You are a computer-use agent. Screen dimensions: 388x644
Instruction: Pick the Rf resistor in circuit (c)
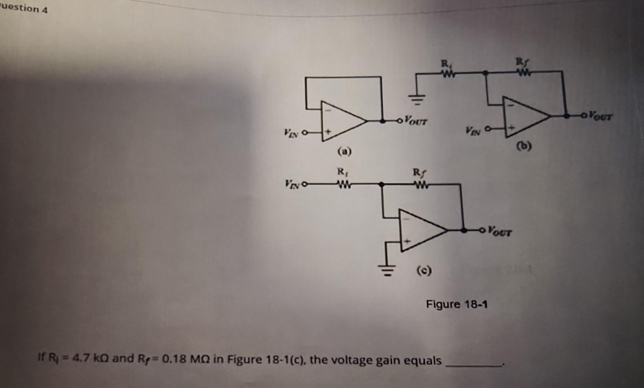coord(419,185)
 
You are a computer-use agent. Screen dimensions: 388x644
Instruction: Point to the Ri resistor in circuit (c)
coord(342,185)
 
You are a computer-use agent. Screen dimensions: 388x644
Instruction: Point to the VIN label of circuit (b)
coord(473,129)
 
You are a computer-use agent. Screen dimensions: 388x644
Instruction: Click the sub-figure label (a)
coord(344,152)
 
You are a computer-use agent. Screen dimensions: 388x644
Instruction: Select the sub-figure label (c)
coord(424,270)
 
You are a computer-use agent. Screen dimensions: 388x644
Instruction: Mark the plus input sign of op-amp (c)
coord(407,242)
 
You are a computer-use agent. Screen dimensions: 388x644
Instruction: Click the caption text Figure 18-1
coord(457,305)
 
